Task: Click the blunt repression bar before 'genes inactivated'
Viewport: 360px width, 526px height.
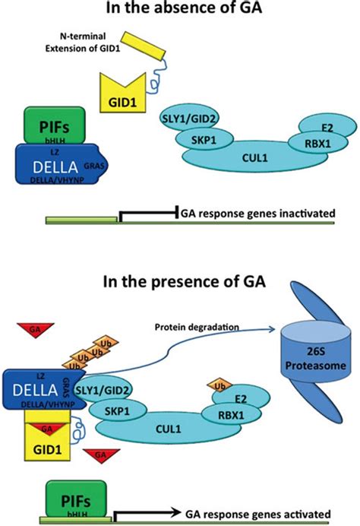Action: click(176, 213)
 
